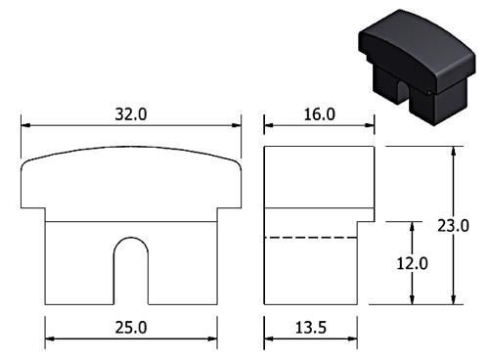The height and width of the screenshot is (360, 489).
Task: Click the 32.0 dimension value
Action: (x=131, y=114)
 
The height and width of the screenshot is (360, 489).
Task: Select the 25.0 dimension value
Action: (x=131, y=328)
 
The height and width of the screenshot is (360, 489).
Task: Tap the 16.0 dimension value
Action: (x=320, y=114)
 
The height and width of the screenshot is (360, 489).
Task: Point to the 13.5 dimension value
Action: (x=311, y=328)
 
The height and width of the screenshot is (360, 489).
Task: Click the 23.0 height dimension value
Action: (x=453, y=226)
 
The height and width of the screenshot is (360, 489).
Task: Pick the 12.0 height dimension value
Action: (x=412, y=263)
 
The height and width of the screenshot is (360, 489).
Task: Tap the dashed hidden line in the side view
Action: (x=311, y=238)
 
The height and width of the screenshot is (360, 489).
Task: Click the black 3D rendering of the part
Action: (x=417, y=67)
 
